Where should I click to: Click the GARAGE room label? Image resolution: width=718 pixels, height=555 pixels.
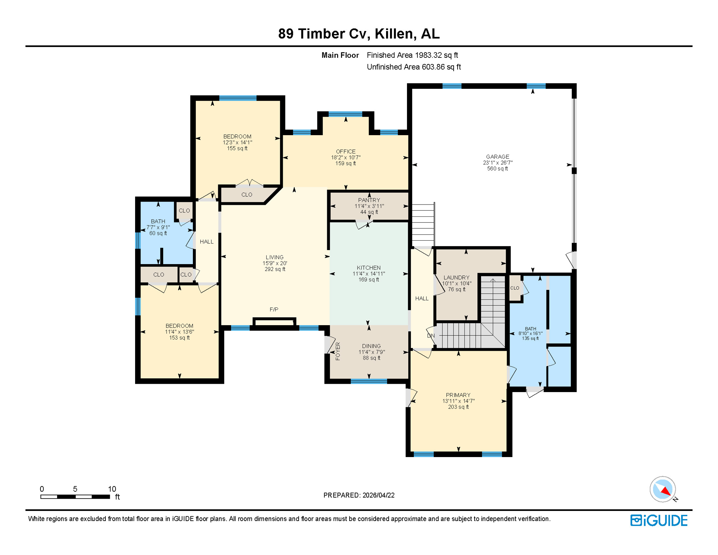(x=497, y=156)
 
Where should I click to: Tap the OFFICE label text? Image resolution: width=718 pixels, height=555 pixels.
(x=346, y=151)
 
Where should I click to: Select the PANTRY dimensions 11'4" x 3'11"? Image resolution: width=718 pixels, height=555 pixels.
(x=369, y=206)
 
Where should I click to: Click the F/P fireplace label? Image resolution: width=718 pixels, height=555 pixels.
(x=274, y=310)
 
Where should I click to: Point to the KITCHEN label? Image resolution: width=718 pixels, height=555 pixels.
(x=368, y=268)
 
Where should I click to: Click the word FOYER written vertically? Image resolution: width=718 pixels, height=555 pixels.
(x=338, y=351)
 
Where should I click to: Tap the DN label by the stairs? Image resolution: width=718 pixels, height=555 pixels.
(x=431, y=336)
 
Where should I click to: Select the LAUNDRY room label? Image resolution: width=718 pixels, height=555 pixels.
(x=456, y=277)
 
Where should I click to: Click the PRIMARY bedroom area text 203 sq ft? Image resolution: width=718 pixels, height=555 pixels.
(x=458, y=407)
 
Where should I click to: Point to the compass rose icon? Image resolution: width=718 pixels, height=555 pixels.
(x=663, y=489)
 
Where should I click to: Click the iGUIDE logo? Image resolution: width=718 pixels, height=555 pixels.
(x=659, y=521)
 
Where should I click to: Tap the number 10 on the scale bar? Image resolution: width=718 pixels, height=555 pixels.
(x=112, y=489)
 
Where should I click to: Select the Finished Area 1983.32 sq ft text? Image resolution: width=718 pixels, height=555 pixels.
(x=412, y=55)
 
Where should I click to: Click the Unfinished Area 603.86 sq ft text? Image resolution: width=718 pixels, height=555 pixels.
(x=414, y=67)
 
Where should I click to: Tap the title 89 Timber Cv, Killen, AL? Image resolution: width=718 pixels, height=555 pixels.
(x=359, y=34)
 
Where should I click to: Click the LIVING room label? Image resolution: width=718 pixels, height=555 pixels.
(x=274, y=257)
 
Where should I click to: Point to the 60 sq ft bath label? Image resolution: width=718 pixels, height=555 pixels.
(x=158, y=233)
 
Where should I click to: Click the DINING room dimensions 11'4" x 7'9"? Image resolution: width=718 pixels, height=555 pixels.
(x=371, y=352)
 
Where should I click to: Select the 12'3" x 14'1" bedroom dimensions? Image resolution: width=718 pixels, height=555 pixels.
(x=237, y=143)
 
